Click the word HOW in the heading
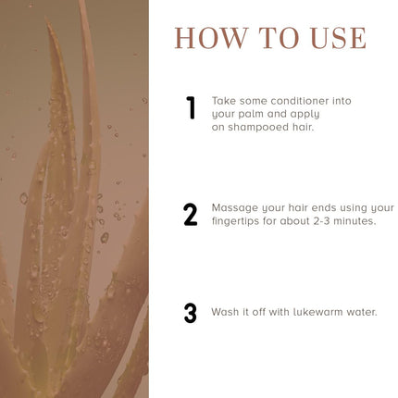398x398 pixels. click(x=212, y=38)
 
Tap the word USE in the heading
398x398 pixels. click(x=339, y=38)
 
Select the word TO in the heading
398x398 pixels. click(x=279, y=38)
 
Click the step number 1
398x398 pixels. click(x=192, y=107)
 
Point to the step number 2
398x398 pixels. click(x=191, y=215)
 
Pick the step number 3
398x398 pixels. click(x=190, y=313)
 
